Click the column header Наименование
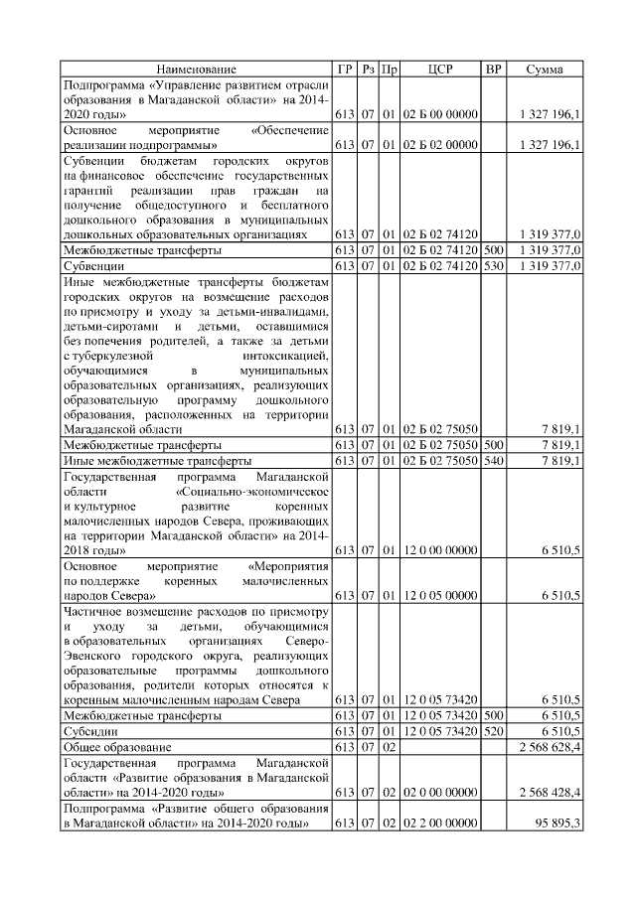[x=196, y=70]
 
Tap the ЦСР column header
[x=440, y=70]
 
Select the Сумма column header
[x=544, y=70]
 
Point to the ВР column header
[x=492, y=70]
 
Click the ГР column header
[x=345, y=70]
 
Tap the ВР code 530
[x=492, y=266]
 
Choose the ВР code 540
[x=492, y=462]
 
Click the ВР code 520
[x=492, y=730]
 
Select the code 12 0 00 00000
[x=440, y=548]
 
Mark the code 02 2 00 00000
[x=440, y=824]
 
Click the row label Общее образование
[x=117, y=746]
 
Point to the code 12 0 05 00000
[x=440, y=596]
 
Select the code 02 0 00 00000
[x=440, y=793]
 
